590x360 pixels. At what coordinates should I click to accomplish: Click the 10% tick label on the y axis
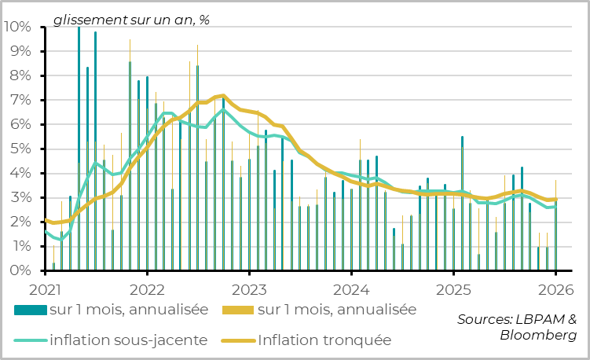pyautogui.click(x=16, y=27)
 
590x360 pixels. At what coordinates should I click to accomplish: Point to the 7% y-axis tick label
pyautogui.click(x=20, y=100)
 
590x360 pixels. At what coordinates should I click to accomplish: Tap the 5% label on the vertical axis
pyautogui.click(x=20, y=149)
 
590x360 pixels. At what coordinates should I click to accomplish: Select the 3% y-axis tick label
pyautogui.click(x=20, y=197)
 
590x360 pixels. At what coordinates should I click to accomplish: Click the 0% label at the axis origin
pyautogui.click(x=20, y=270)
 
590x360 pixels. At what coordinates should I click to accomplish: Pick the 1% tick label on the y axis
pyautogui.click(x=20, y=246)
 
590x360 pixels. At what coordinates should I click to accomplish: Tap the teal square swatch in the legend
pyautogui.click(x=30, y=310)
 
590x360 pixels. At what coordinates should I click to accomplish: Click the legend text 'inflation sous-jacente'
pyautogui.click(x=129, y=340)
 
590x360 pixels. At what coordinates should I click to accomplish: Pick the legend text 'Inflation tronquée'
pyautogui.click(x=324, y=340)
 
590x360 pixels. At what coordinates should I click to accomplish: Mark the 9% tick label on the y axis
pyautogui.click(x=20, y=51)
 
